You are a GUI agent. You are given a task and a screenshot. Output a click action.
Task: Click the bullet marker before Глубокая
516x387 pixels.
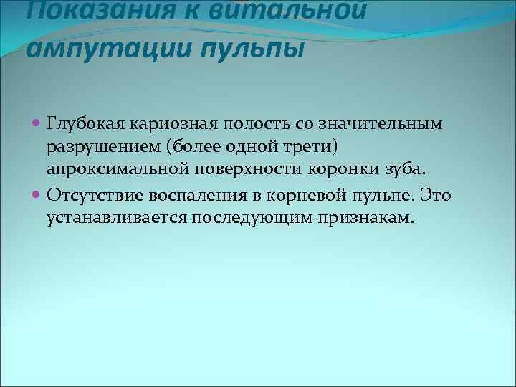pos(37,123)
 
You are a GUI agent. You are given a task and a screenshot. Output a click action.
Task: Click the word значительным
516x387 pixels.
pos(378,123)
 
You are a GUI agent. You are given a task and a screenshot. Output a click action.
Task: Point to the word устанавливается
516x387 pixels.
pos(103,218)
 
